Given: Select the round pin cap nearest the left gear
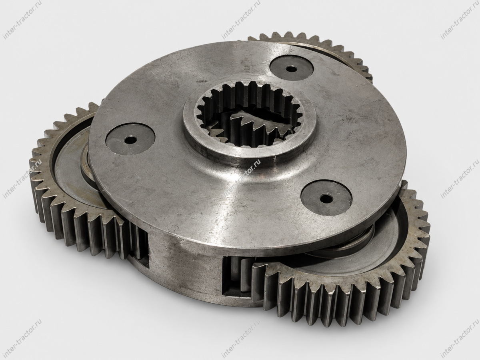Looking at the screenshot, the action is point(130,139).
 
